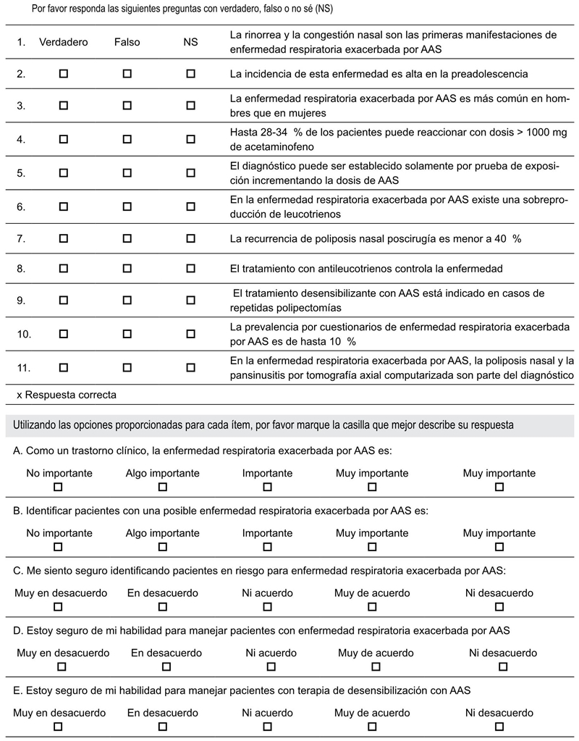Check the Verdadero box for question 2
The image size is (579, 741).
(64, 73)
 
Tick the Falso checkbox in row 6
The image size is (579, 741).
(127, 206)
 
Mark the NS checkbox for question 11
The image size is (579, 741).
(190, 367)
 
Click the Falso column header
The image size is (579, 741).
(127, 42)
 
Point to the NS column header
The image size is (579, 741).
(190, 42)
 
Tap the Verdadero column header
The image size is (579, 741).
(64, 42)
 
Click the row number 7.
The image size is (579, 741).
(22, 238)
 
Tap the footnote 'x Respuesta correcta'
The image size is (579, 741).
(66, 395)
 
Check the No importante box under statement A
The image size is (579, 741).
(59, 487)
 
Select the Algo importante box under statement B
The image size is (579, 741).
(162, 547)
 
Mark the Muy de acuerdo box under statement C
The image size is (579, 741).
(372, 607)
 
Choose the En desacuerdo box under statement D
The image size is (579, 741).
(166, 666)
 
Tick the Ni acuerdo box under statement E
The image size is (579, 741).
(268, 726)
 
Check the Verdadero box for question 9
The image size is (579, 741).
(64, 300)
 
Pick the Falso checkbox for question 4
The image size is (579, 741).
(127, 138)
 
